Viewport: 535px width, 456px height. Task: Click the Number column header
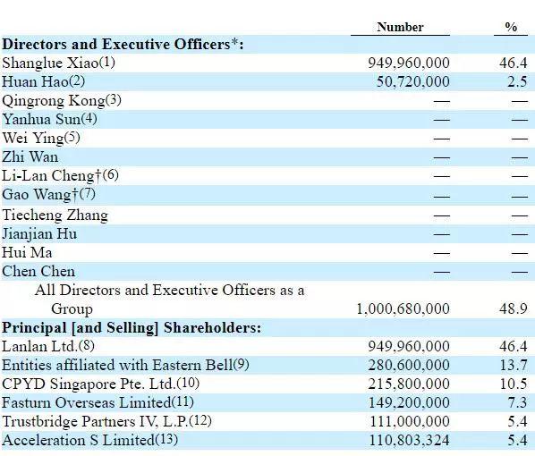tap(400, 27)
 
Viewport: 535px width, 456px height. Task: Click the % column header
tap(511, 27)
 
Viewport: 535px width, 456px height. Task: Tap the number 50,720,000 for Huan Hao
tap(412, 82)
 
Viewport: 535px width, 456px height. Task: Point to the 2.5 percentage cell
tap(517, 82)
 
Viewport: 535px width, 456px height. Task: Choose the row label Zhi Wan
tap(30, 156)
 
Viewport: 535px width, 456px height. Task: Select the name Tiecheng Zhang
tap(55, 215)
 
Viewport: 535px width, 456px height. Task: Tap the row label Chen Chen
tap(38, 272)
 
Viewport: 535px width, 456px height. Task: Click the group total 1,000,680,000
tap(403, 309)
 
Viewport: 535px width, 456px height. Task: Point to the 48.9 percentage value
tap(513, 309)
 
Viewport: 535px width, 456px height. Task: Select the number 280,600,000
tap(409, 366)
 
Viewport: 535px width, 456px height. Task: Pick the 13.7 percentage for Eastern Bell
tap(514, 366)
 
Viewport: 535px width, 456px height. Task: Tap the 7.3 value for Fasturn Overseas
tap(517, 402)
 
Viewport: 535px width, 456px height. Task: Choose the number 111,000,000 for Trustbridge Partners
tap(410, 421)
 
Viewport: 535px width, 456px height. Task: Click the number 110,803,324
tap(410, 440)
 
